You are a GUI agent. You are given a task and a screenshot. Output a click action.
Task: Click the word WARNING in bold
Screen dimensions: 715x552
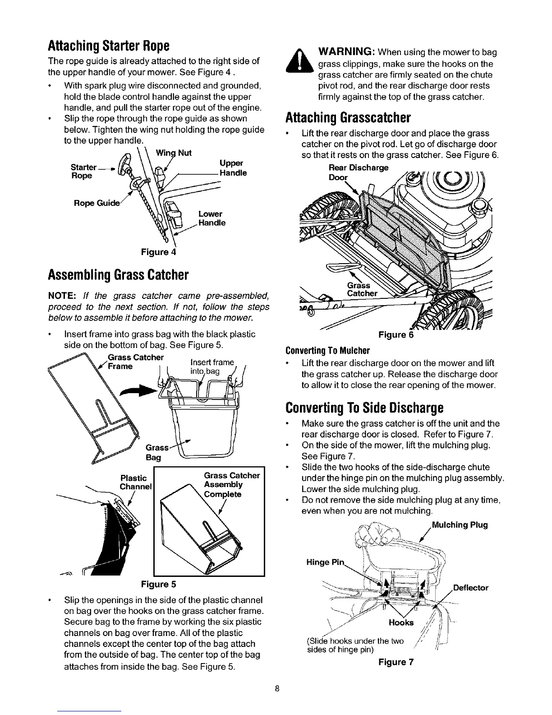coord(345,52)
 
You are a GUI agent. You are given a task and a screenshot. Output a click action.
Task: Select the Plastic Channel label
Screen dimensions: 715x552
coord(134,482)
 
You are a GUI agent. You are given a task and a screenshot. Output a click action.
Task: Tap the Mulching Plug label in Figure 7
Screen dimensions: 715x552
coord(460,525)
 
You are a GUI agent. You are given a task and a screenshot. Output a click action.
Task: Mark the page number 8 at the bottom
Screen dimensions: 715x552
coord(278,688)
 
